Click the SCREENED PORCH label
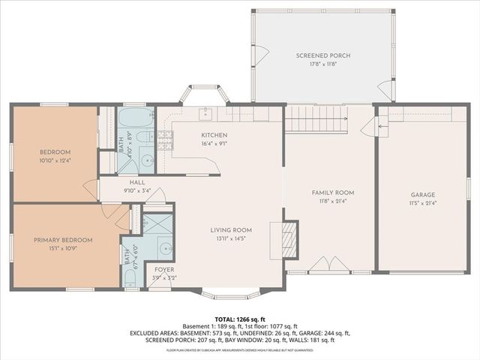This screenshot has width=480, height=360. pyautogui.click(x=322, y=55)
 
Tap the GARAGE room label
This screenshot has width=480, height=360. pyautogui.click(x=422, y=194)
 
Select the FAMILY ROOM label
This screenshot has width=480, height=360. pyautogui.click(x=332, y=193)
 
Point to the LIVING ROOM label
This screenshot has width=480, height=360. pyautogui.click(x=230, y=230)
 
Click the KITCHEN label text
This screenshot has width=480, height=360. pyautogui.click(x=214, y=135)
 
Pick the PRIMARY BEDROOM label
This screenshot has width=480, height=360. pyautogui.click(x=62, y=240)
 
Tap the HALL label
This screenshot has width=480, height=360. pyautogui.click(x=136, y=182)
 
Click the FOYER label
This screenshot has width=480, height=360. pyautogui.click(x=164, y=269)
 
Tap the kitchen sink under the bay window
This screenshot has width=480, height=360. pyautogui.click(x=204, y=113)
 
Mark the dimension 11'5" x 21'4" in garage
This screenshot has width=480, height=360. pyautogui.click(x=422, y=202)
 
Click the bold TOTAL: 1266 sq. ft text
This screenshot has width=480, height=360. pyautogui.click(x=240, y=319)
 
